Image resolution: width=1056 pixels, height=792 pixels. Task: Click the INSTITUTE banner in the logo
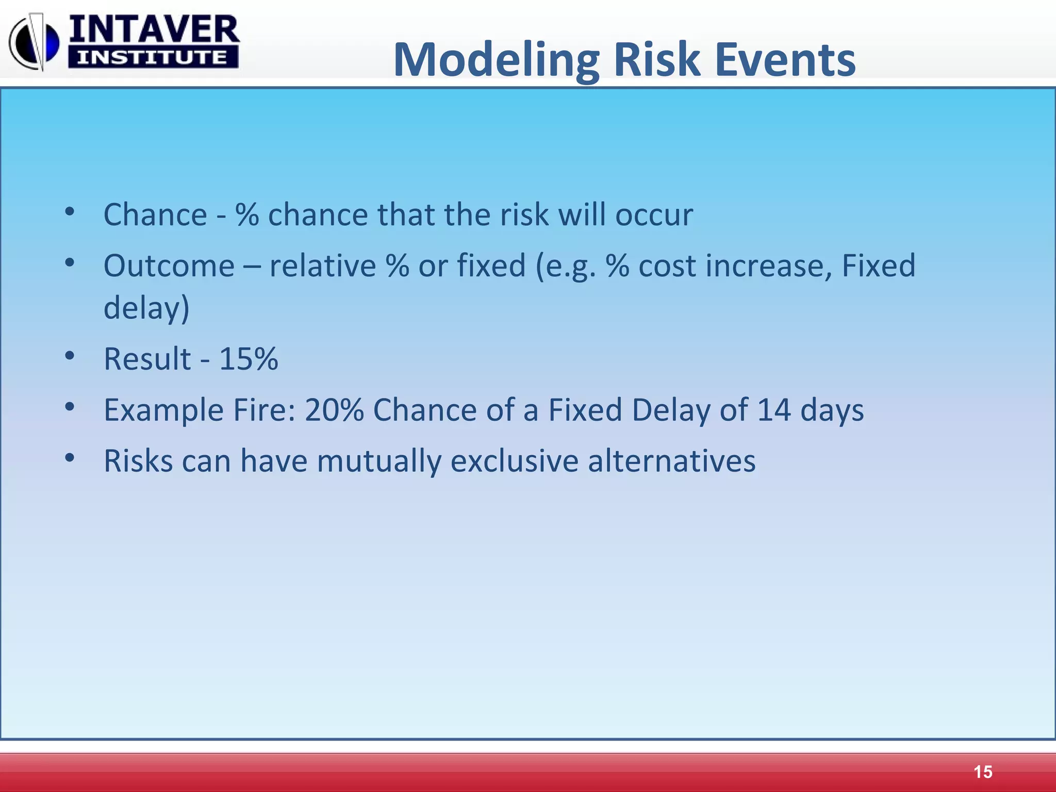(153, 57)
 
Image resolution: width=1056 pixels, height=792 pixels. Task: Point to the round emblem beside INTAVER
(34, 43)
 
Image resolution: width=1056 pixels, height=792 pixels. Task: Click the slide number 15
(983, 772)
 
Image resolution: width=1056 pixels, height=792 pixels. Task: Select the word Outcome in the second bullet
(169, 266)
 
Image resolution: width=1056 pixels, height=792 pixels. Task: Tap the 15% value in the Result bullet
(249, 359)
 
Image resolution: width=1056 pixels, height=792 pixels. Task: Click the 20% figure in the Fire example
(334, 410)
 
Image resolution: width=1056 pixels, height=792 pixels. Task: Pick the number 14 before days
(774, 410)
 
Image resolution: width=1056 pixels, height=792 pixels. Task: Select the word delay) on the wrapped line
(146, 308)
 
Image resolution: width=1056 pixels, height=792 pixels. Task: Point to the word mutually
(379, 461)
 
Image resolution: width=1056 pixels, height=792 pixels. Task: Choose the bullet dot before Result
(70, 355)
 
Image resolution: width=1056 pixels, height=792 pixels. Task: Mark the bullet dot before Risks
(70, 457)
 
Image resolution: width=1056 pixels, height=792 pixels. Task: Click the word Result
(147, 359)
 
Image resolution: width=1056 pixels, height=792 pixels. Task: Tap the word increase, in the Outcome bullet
(769, 266)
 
